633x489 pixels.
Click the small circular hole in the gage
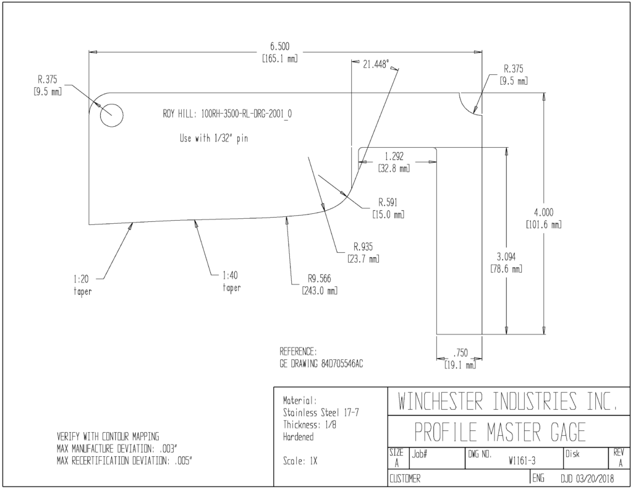(x=111, y=115)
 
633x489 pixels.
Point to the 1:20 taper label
(x=82, y=285)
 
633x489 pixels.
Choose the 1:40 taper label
(x=231, y=281)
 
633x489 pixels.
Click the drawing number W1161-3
(x=522, y=461)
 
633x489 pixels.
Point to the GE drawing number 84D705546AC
(x=342, y=364)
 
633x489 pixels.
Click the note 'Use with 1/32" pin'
(x=213, y=138)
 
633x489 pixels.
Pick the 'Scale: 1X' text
(x=300, y=461)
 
